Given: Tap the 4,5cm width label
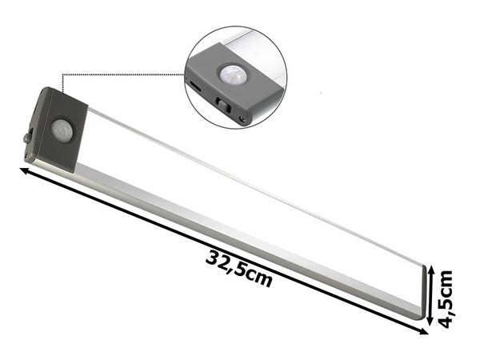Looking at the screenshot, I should [x=446, y=298].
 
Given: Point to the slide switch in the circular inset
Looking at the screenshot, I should [x=222, y=105].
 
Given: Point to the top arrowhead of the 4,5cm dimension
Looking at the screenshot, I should [x=430, y=270].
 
